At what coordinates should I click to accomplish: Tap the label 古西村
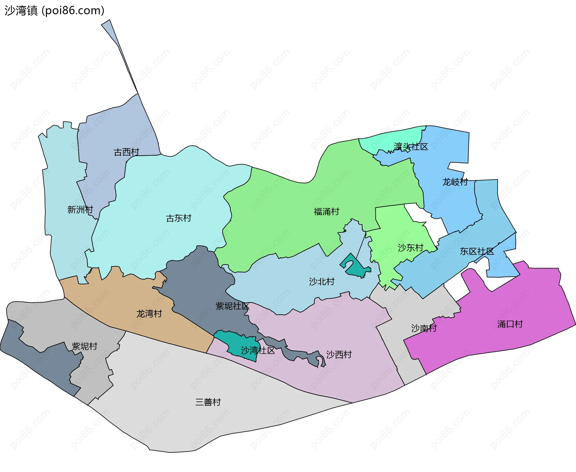click(x=126, y=152)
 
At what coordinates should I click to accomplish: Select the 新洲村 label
click(x=80, y=209)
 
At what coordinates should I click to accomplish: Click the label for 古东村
click(x=178, y=218)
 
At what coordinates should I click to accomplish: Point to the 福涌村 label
click(x=326, y=212)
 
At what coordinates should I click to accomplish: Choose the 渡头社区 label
click(x=411, y=147)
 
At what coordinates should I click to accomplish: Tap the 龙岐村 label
click(x=455, y=182)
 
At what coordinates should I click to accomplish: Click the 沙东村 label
click(x=410, y=248)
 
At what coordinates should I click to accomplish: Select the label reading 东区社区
click(x=477, y=251)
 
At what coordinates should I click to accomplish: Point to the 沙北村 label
click(x=322, y=281)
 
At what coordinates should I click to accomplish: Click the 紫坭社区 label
click(x=232, y=306)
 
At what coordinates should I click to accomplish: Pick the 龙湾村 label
click(x=149, y=314)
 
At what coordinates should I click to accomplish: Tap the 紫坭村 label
click(x=85, y=346)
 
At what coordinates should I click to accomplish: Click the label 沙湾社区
click(x=258, y=350)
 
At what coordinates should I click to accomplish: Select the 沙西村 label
click(x=339, y=354)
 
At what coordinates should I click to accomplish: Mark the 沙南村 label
click(x=424, y=328)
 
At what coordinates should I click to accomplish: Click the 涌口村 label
click(x=510, y=324)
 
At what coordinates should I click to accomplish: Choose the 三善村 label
click(x=208, y=402)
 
